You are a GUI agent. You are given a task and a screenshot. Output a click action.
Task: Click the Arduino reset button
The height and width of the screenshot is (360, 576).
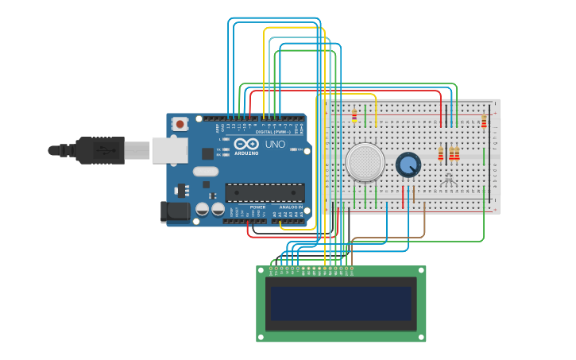pos(180,124)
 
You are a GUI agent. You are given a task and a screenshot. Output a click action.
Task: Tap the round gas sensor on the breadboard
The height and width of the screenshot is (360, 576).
pos(365,162)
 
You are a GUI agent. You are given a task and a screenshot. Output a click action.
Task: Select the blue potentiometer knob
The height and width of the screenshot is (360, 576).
pos(408,165)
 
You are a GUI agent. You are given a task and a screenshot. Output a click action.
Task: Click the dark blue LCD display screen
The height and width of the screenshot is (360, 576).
pos(341,303)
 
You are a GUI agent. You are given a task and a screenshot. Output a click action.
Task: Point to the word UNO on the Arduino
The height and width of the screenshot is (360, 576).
pos(275,144)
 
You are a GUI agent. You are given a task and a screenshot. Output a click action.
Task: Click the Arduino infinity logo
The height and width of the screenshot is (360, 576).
pos(246,144)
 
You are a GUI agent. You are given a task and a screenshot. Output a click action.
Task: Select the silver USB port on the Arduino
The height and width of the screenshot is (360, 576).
pos(168,149)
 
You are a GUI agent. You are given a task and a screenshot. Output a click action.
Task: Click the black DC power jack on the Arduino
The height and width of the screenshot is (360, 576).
pos(176,211)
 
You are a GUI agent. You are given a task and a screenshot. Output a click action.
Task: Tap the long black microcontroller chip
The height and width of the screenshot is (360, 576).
pos(265,192)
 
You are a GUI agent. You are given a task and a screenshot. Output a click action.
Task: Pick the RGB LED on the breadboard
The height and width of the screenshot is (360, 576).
pos(449,178)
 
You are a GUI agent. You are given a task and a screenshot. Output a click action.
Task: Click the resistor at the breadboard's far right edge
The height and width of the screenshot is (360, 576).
pos(484,122)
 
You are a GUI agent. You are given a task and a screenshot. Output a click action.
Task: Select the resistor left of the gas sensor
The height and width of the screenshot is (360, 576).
pos(354,116)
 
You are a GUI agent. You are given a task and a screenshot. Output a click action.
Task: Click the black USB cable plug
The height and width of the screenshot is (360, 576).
pos(100,149)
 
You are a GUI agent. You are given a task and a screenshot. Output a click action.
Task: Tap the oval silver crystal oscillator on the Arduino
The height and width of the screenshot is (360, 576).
pos(205,171)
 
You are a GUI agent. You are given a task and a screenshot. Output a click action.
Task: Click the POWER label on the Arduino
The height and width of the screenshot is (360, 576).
pos(246,207)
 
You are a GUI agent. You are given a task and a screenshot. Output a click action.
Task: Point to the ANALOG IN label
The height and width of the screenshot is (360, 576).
pos(291,207)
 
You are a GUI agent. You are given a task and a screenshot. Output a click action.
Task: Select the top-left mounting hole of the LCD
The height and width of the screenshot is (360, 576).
pos(261,270)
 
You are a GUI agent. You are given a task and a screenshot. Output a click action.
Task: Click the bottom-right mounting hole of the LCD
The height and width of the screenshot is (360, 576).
pos(421,337)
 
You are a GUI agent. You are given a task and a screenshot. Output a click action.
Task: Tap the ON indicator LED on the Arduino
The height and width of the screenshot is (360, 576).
pos(293,149)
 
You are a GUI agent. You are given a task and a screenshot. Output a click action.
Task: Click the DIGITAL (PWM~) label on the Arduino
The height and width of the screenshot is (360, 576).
pos(271,132)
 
